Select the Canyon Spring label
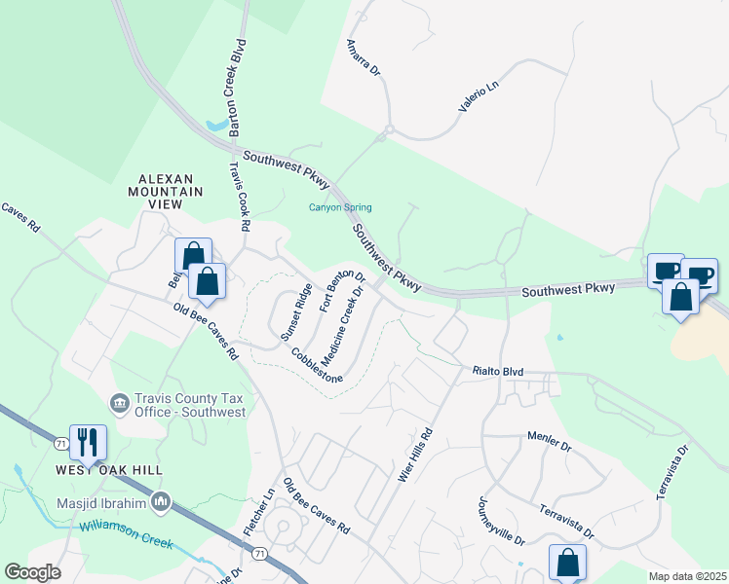(340, 207)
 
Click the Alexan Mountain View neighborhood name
(171, 185)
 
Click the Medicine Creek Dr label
(341, 330)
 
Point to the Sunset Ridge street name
(296, 311)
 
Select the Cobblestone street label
(317, 367)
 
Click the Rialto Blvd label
(498, 371)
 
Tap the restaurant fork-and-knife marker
(88, 443)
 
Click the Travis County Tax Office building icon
(120, 402)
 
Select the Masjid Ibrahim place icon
(162, 503)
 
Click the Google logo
(32, 573)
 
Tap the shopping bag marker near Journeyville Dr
(567, 562)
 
